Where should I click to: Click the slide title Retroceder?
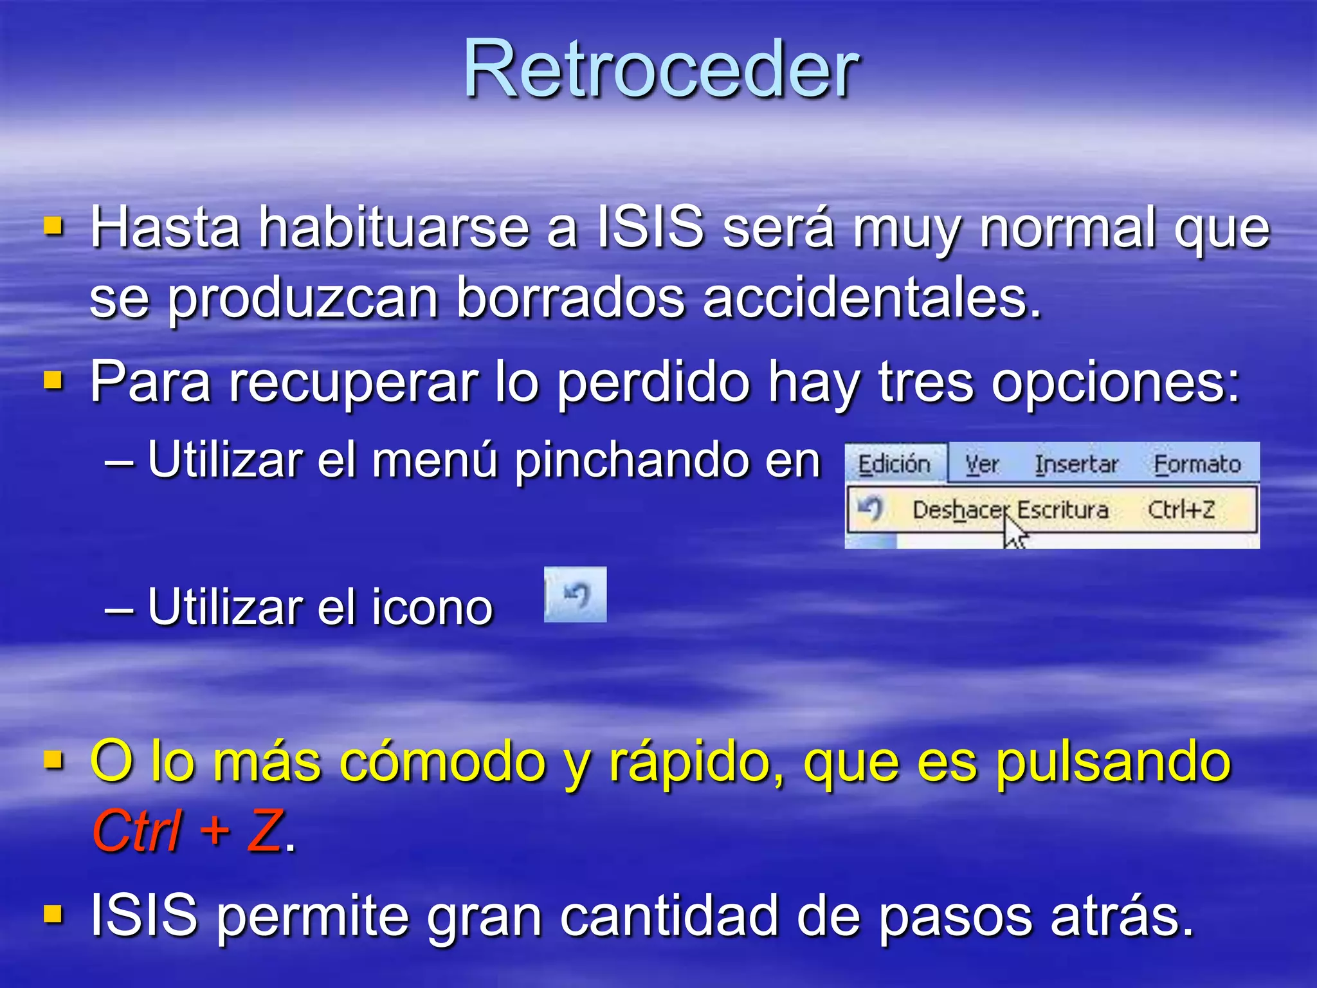[661, 69]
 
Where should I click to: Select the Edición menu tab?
[894, 464]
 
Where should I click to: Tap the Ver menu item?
[982, 464]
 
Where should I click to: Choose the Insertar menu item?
[1076, 464]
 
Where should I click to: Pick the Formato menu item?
[1197, 464]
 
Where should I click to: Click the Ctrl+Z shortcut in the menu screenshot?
[1181, 509]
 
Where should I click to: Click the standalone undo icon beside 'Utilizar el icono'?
[576, 594]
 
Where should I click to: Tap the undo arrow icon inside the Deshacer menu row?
[871, 509]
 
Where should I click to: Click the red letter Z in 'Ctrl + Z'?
[264, 831]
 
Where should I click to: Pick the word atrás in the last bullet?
[1122, 915]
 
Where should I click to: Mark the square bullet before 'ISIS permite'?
[53, 913]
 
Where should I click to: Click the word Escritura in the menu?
[1063, 509]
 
